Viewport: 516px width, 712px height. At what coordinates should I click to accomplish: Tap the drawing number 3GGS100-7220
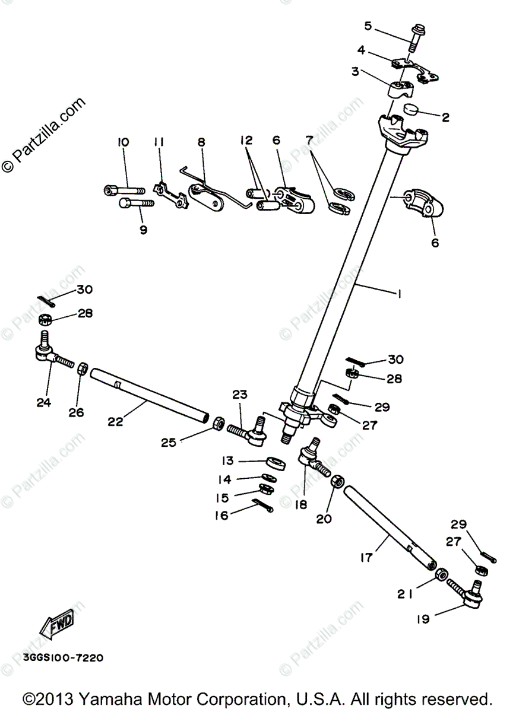click(64, 657)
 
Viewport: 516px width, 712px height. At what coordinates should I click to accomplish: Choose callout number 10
click(123, 142)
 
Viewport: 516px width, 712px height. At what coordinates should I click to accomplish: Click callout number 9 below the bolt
click(143, 230)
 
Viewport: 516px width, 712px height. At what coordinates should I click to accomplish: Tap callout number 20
click(324, 519)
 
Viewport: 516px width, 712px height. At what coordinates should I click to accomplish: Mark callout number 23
click(240, 395)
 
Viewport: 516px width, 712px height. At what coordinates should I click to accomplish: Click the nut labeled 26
click(83, 369)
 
